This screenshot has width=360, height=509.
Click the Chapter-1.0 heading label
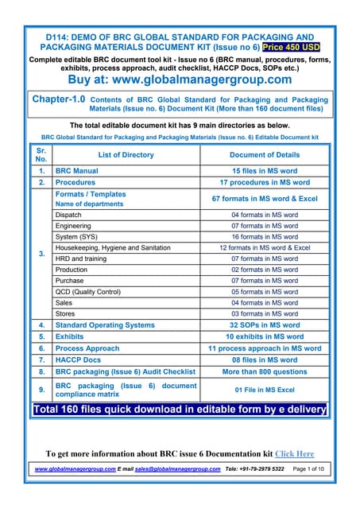coord(54,100)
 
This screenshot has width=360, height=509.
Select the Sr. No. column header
coord(41,154)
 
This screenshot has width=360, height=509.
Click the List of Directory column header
coord(126,155)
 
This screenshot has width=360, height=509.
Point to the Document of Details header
coord(265,155)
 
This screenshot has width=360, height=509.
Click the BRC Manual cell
coord(77,171)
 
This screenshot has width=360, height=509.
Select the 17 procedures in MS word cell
coord(265,182)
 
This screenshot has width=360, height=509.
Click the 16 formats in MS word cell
coord(265,237)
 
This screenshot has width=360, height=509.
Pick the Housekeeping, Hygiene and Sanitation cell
coord(113,248)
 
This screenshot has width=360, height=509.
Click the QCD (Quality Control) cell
coord(88,292)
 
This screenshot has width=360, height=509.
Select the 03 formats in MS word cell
coord(265,314)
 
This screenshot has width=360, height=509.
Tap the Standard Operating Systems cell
coord(105,325)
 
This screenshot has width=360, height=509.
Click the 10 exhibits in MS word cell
coord(265,336)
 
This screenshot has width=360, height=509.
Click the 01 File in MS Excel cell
coord(265,390)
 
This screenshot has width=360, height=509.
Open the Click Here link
coord(294,454)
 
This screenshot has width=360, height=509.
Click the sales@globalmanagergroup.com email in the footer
coord(177,469)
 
